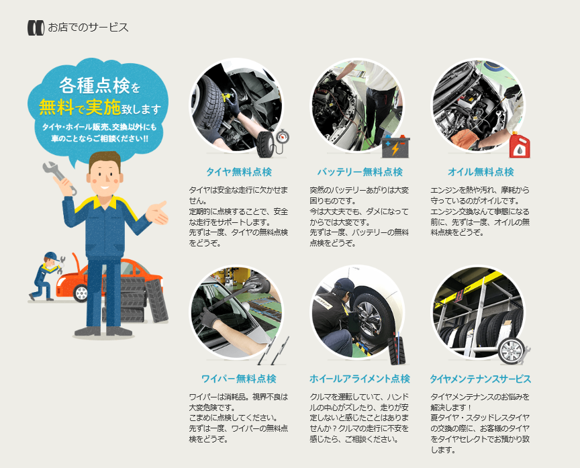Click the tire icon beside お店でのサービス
tap(36, 28)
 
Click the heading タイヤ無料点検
tap(239, 172)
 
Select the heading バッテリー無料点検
tap(360, 172)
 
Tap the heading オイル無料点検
tap(481, 172)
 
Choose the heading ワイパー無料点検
tap(239, 379)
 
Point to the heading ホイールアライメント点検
tap(360, 379)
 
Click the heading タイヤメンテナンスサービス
tap(481, 379)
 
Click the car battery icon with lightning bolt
tap(396, 146)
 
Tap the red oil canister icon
tap(520, 145)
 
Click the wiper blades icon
tap(274, 350)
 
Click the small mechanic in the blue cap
tap(46, 276)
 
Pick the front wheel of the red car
tap(81, 293)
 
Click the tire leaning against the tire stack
tap(157, 300)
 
